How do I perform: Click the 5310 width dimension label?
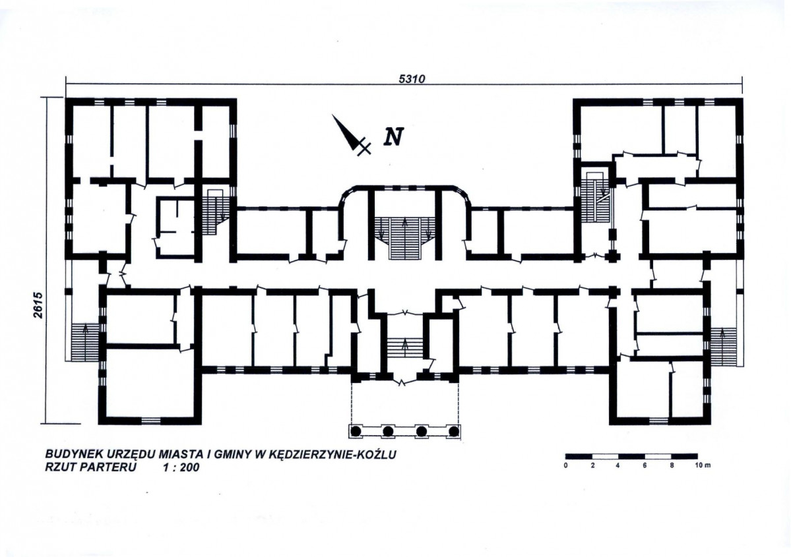[x=412, y=79]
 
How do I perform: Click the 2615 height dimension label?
[x=40, y=305]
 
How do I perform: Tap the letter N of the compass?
[x=393, y=136]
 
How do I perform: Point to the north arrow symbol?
[x=351, y=134]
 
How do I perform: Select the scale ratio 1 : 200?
[x=181, y=467]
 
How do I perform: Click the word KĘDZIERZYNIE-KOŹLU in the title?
[x=333, y=455]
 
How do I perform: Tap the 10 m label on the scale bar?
[x=703, y=465]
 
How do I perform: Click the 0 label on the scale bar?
[x=566, y=465]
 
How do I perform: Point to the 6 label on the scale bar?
[x=645, y=465]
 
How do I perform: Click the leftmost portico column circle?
[x=356, y=431]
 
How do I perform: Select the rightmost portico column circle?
[x=453, y=431]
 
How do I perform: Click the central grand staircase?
[x=405, y=237]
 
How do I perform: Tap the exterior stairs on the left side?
[x=84, y=342]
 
